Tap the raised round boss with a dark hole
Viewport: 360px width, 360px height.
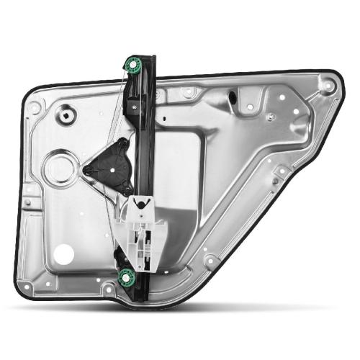69,113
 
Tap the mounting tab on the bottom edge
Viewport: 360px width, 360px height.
108,289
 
